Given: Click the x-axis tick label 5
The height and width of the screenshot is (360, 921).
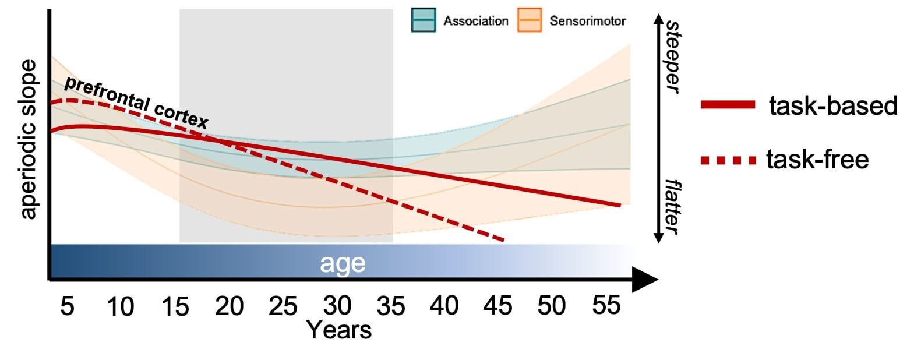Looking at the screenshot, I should point(67,306).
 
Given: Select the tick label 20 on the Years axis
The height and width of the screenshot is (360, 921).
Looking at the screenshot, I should point(229,306).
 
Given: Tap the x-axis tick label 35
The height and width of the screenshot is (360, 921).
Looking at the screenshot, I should point(390,306).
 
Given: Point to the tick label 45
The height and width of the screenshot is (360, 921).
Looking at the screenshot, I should point(498,306).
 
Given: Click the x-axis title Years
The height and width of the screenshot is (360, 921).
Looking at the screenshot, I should point(339,330).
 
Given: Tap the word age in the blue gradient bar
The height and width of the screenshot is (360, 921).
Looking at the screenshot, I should point(343,263).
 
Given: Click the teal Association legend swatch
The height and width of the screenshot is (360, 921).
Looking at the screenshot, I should point(424,20).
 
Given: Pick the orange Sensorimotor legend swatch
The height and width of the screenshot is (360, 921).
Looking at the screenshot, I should point(529,20).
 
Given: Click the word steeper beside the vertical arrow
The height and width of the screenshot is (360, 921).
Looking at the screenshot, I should point(673,57).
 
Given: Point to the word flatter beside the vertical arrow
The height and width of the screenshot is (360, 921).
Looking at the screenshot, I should point(673,207).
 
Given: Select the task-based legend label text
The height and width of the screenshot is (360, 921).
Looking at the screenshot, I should point(833,106).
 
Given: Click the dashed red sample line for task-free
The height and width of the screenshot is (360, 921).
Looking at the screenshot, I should point(728,160).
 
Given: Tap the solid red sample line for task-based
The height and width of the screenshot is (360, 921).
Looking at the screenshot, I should point(728,105).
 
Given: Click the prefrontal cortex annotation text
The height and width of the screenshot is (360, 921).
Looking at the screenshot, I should point(135,103).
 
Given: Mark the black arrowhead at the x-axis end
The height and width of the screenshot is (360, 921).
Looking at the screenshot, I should point(645,280).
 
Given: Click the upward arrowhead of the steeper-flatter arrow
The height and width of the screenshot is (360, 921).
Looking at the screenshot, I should point(659,19).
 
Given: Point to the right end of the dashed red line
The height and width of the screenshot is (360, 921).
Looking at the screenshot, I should point(502,239).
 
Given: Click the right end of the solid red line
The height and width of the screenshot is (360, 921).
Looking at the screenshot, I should point(620,205).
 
